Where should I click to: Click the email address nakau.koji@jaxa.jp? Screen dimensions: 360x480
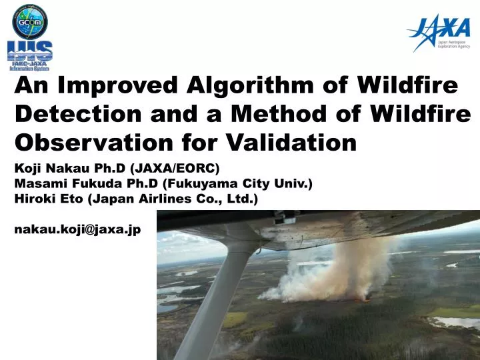(77, 228)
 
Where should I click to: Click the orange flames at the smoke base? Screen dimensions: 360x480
(364, 299)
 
